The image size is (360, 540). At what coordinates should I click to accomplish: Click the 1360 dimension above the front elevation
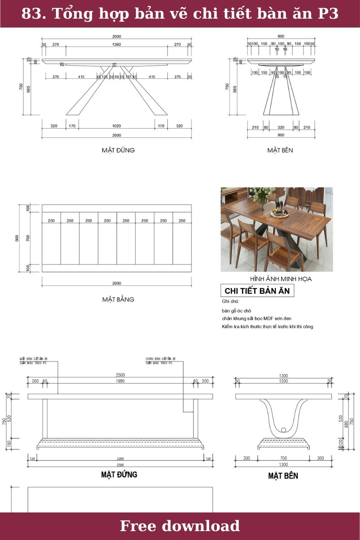116,44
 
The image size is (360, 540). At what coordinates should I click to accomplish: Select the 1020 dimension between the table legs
116,126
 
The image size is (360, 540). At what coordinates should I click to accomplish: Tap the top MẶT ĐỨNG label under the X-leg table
118,150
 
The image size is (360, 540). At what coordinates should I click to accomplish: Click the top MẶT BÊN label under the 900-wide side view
280,150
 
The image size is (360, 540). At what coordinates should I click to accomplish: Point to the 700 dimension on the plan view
28,238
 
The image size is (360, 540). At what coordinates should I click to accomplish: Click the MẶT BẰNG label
118,299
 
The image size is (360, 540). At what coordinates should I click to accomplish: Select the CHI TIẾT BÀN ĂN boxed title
258,291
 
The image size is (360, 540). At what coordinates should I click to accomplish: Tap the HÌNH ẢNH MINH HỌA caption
280,279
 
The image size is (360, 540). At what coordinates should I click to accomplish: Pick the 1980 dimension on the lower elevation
120,381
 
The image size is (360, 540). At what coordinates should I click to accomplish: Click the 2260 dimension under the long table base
120,458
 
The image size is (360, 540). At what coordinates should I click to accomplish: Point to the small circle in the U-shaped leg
283,430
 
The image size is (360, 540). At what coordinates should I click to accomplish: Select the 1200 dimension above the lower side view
283,381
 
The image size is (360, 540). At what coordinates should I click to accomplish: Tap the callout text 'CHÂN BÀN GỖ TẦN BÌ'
160,359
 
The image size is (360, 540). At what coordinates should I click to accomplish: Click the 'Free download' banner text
180,526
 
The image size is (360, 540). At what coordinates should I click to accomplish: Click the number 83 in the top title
30,14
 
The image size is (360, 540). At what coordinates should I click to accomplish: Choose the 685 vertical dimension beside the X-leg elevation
28,89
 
